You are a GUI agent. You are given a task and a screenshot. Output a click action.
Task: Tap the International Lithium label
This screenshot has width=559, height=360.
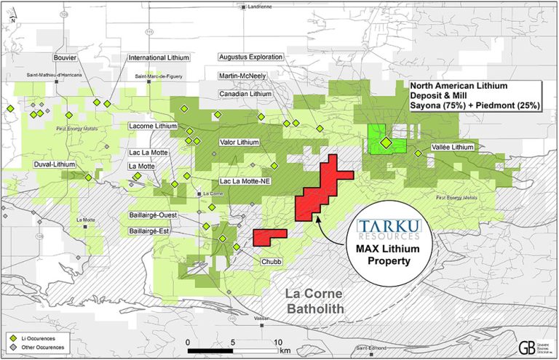point(159,57)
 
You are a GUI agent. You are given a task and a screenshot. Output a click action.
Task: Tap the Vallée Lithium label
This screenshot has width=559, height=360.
point(450,148)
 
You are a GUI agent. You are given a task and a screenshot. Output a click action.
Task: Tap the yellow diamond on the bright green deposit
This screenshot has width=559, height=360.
point(385,143)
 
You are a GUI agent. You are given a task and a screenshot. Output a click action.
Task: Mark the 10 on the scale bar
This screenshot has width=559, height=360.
point(277,341)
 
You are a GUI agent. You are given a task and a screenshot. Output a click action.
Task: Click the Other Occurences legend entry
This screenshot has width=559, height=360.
point(43,348)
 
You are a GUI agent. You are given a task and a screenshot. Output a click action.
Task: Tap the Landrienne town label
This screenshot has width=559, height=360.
point(258,7)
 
